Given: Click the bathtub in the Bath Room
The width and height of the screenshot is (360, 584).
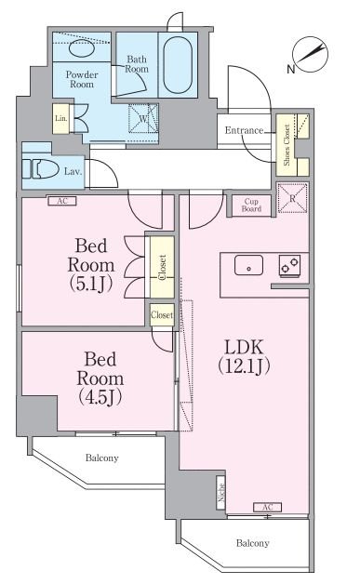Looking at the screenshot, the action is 178,65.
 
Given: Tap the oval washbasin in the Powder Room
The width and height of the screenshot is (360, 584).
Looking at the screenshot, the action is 83,48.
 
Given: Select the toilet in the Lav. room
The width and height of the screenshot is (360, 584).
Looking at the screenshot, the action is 40,169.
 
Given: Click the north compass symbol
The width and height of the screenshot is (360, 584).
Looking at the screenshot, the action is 311,55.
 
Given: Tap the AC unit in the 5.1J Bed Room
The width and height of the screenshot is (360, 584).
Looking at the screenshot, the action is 62,201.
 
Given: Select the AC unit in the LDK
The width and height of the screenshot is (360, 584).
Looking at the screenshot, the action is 268,507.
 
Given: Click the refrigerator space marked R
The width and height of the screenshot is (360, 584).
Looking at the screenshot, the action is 292,198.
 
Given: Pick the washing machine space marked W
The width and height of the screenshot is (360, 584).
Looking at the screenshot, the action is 143,118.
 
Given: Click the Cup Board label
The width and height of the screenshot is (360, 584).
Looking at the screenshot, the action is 251,206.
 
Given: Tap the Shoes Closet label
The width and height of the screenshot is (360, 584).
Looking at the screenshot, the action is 287,145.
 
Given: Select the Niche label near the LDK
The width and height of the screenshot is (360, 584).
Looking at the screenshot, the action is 221,492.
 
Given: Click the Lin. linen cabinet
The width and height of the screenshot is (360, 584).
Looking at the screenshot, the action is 61,118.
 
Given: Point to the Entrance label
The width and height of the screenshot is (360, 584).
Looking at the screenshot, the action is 244,130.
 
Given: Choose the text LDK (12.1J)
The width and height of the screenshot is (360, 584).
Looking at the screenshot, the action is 244,356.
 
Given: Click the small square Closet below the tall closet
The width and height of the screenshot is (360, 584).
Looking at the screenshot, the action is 162,314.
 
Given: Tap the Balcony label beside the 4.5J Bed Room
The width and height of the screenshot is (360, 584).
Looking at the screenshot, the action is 101,458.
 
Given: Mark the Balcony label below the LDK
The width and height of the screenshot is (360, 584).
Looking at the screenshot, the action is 253,543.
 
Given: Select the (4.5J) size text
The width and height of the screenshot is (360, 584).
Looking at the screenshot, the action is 100,398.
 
